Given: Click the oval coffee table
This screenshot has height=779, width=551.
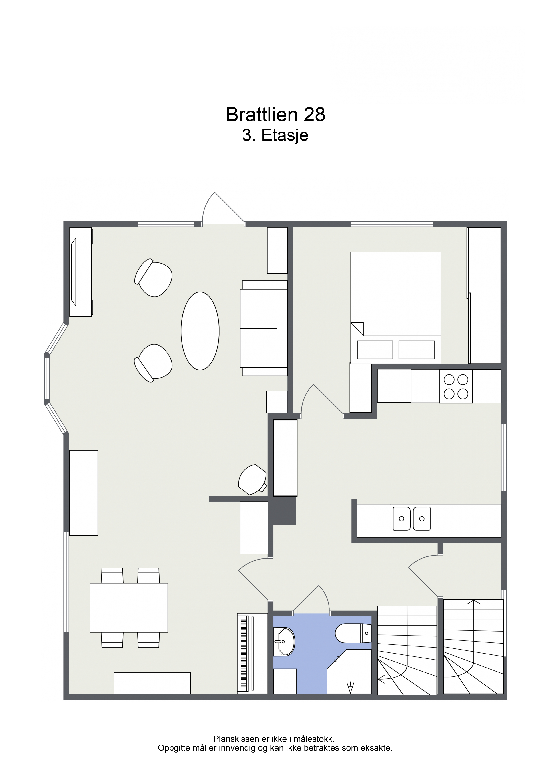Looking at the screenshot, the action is pyautogui.click(x=200, y=331).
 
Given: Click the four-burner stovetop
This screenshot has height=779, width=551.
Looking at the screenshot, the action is pyautogui.click(x=456, y=386).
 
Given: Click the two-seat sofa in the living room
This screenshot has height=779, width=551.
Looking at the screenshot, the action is pyautogui.click(x=264, y=328).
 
